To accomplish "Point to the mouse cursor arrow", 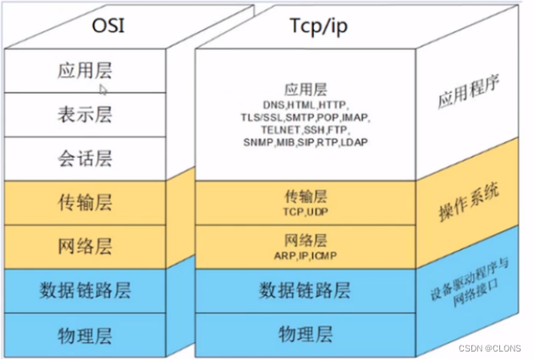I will click(103, 88).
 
